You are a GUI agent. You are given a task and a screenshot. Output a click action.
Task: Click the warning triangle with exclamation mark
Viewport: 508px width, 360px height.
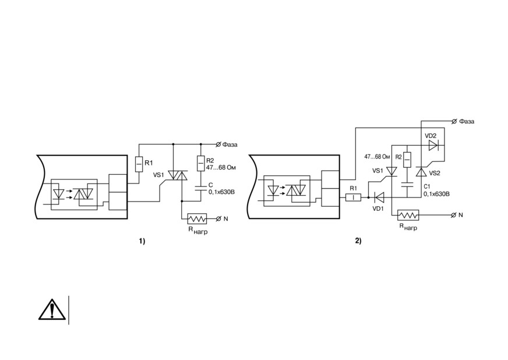pos(52,310)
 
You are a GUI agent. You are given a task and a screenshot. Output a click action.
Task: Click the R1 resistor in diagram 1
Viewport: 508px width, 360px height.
pos(139,164)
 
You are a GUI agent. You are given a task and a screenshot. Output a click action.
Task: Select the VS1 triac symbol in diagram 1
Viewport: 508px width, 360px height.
pos(178,175)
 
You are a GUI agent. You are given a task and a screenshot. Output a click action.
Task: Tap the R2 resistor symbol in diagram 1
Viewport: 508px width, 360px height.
pos(201,163)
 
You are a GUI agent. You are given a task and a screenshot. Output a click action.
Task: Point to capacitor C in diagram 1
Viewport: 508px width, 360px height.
pos(201,188)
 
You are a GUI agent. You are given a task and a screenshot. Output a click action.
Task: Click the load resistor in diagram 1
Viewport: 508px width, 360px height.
pos(197,219)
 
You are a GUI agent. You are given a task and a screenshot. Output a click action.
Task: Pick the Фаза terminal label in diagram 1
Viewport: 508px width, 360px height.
pos(230,144)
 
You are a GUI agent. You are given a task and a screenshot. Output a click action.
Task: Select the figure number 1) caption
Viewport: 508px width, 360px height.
pos(142,241)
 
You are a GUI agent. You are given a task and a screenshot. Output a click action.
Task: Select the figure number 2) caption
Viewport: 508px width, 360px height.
pos(358,241)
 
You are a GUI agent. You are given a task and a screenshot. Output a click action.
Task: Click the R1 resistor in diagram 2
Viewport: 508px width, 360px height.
pos(354,197)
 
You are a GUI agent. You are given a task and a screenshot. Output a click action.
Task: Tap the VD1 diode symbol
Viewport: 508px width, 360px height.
pos(379,197)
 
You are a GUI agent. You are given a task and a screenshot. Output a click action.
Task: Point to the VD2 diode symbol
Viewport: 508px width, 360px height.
pos(433,146)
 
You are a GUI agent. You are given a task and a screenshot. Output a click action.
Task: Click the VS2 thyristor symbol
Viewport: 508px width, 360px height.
pos(421,172)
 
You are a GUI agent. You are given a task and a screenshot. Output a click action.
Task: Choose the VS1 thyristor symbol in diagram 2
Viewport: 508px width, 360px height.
pos(392,171)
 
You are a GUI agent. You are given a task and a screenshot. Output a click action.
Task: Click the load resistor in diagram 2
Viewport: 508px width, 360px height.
pos(408,215)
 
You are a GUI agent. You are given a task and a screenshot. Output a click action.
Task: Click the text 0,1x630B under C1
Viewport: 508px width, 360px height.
pos(436,194)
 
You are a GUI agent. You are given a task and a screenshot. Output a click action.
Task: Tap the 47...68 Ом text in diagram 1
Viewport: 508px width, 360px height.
pos(221,168)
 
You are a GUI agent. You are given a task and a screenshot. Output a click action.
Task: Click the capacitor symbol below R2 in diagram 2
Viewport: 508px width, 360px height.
pos(407,185)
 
